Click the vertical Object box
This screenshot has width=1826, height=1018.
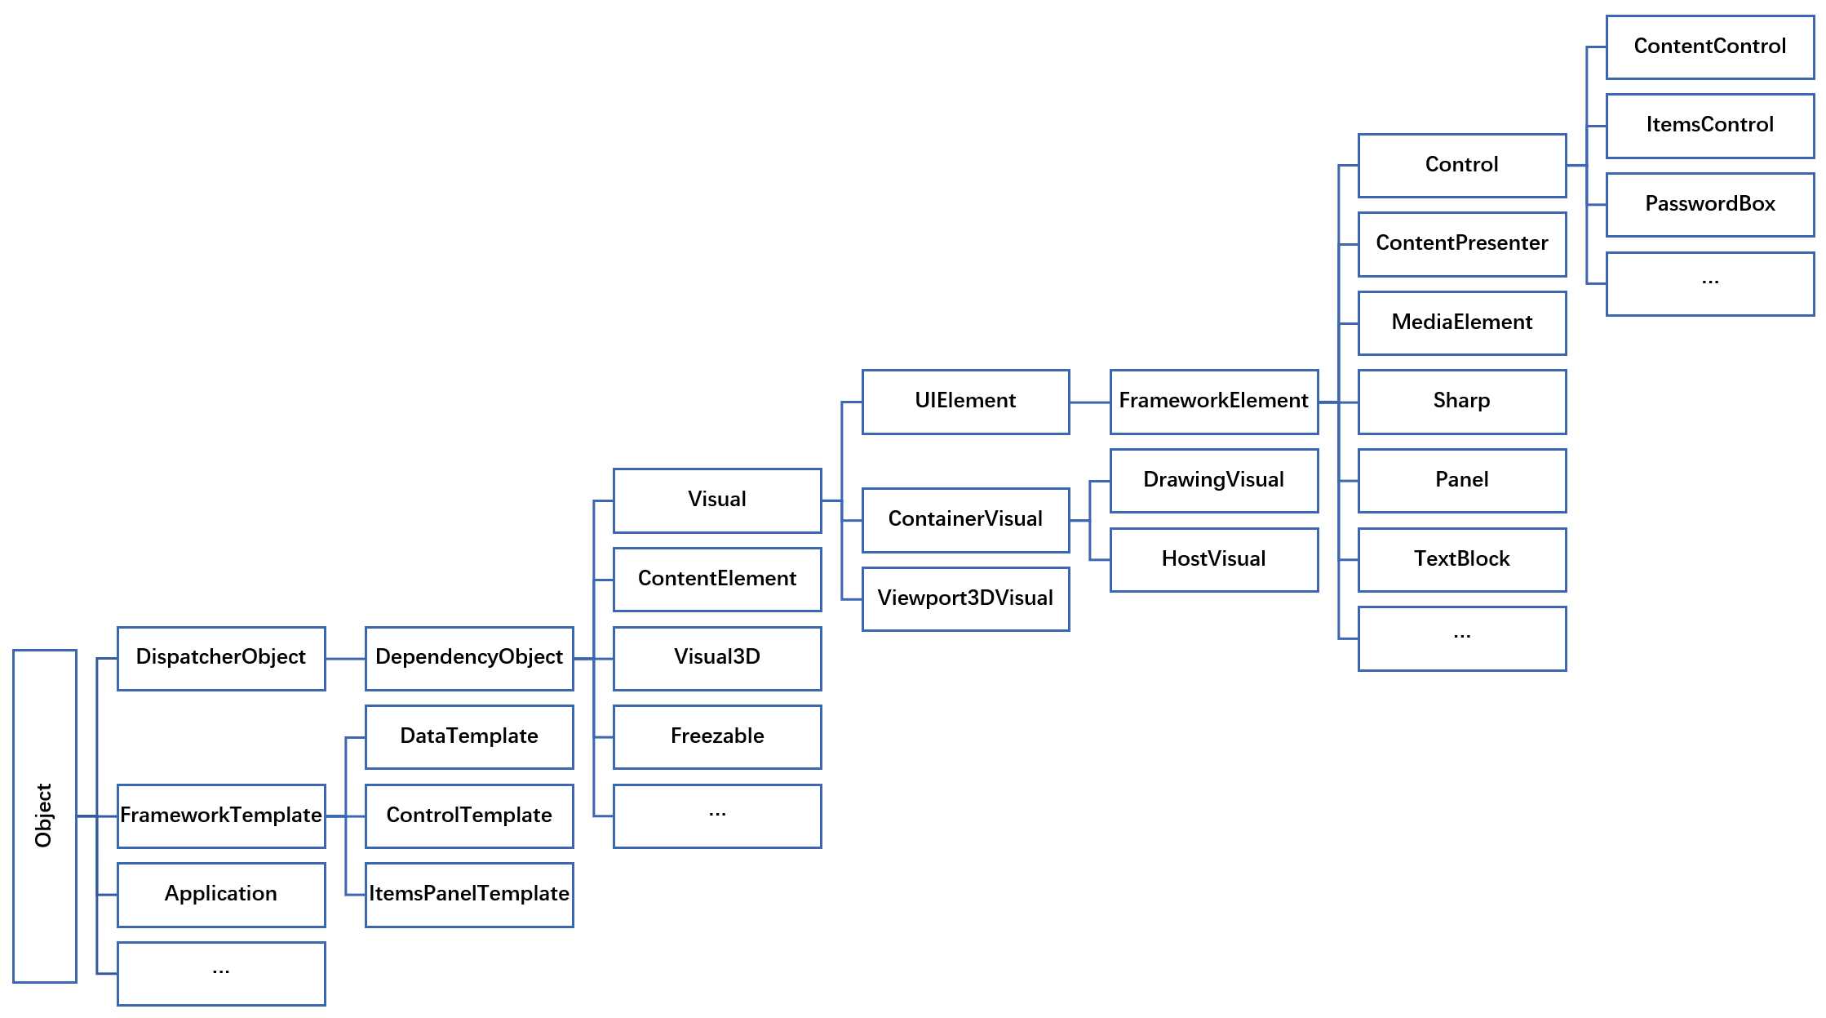click(45, 816)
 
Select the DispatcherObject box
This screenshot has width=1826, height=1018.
click(221, 659)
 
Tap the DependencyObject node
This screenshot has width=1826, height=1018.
click(469, 659)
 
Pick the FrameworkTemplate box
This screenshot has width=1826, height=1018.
click(221, 816)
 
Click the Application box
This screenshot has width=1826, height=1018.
click(221, 895)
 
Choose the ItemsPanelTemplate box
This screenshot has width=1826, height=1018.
click(469, 895)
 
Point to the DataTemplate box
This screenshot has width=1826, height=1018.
click(469, 737)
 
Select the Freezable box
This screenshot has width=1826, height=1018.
click(717, 737)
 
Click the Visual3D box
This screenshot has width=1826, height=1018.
click(717, 659)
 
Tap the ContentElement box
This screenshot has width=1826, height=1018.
click(717, 580)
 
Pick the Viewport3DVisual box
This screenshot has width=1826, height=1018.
click(965, 599)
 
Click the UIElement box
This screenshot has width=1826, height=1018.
click(965, 402)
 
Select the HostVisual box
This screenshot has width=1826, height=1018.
click(1214, 560)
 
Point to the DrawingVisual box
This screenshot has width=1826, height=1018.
click(1214, 481)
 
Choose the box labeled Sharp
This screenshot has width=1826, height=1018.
click(1462, 402)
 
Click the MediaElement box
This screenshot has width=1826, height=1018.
click(1462, 323)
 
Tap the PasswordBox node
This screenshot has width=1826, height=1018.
click(1710, 205)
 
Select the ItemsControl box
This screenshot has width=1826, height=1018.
click(1710, 126)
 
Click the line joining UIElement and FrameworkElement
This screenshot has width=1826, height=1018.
click(1090, 402)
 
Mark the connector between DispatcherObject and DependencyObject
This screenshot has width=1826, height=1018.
click(345, 659)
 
